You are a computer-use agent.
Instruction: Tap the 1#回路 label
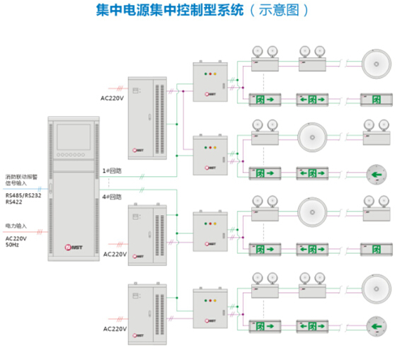tap(112, 170)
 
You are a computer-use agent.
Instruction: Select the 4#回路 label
tap(112, 196)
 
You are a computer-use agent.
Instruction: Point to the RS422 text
tap(14, 202)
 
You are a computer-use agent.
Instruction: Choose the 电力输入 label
tap(18, 226)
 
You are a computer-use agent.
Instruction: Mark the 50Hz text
tap(12, 245)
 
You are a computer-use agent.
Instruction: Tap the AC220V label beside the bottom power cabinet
tap(115, 329)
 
